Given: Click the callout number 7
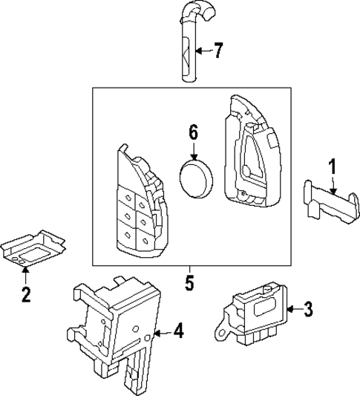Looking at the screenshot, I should tap(217, 51).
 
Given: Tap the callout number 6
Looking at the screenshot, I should tap(193, 133).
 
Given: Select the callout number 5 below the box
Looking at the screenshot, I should tap(189, 283).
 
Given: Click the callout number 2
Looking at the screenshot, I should tap(25, 295).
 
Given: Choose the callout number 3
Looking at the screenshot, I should tap(309, 309).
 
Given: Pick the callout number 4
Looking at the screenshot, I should tap(177, 331).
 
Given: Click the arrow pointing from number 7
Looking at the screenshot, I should tap(201, 51).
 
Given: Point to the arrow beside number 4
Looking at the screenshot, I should tap(163, 331).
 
